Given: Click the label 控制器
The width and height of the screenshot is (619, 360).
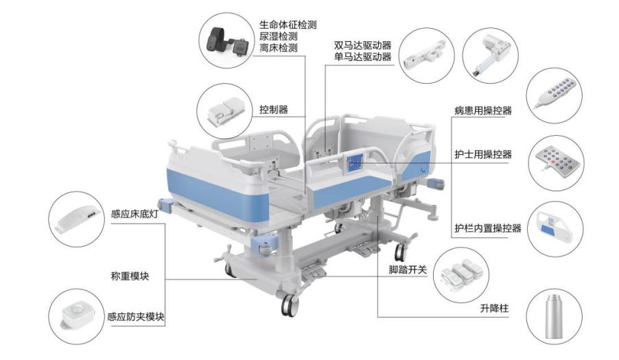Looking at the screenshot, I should click(x=273, y=109).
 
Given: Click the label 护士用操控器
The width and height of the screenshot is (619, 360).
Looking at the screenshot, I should click(x=482, y=154).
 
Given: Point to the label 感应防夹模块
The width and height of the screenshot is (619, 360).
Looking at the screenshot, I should click(x=136, y=317).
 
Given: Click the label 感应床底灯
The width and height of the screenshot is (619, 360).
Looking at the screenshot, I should click(x=135, y=213).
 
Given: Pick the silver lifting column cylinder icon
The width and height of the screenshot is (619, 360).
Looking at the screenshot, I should click(x=554, y=316).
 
